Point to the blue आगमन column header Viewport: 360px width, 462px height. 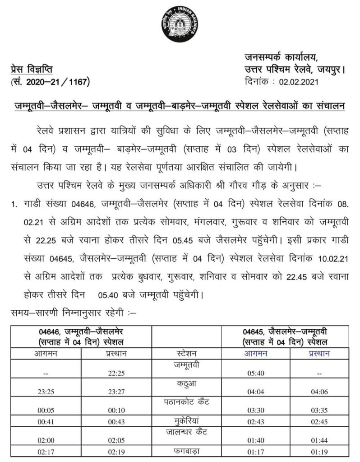click(x=256, y=353)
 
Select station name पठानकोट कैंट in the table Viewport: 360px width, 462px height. click(x=186, y=401)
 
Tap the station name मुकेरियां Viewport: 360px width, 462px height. click(x=186, y=420)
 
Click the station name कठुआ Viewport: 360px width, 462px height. click(x=186, y=383)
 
